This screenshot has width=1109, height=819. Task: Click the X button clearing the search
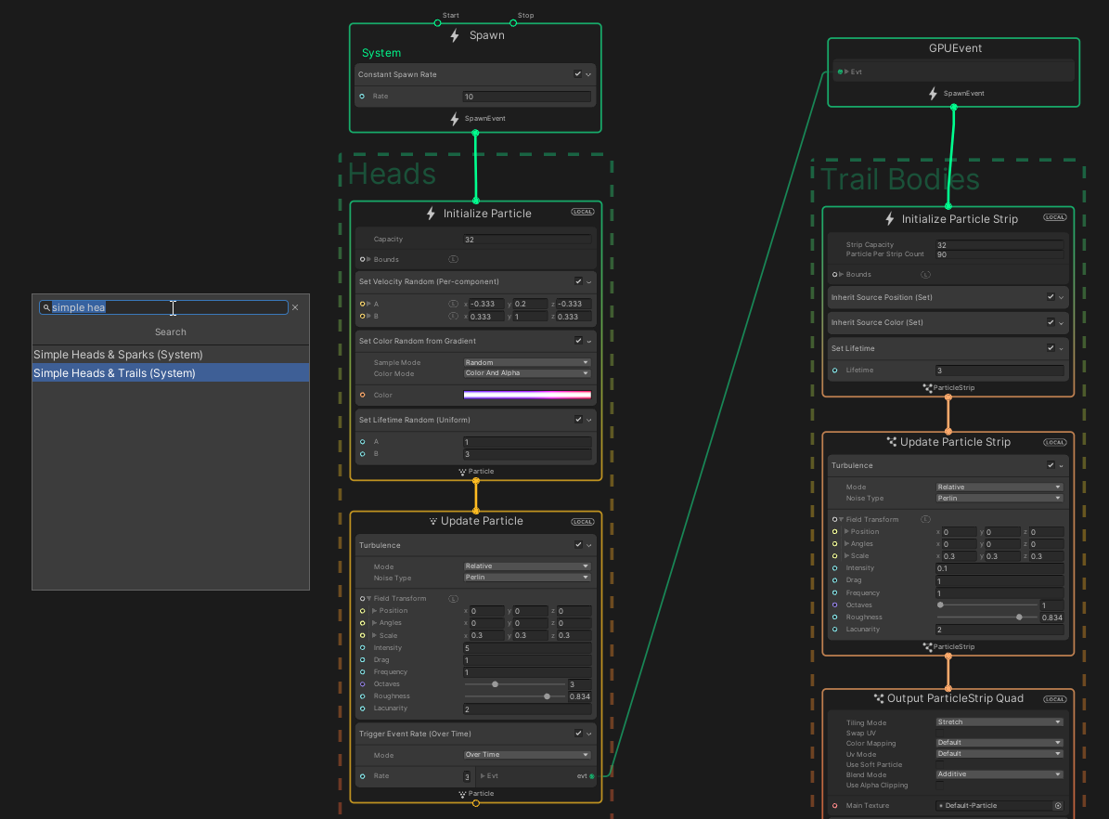point(295,307)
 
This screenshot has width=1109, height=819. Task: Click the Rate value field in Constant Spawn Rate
point(526,97)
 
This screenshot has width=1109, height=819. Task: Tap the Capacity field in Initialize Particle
point(526,240)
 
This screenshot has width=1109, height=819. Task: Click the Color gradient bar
point(526,395)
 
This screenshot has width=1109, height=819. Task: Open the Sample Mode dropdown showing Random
point(526,362)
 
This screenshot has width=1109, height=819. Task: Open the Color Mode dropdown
point(526,373)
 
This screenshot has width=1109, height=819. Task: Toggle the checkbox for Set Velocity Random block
point(578,281)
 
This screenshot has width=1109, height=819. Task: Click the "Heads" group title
point(392,174)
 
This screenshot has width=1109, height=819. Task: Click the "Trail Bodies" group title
point(900,178)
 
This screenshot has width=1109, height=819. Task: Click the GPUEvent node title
point(955,48)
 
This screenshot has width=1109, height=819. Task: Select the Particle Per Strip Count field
point(999,254)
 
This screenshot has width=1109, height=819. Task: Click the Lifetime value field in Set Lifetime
point(999,370)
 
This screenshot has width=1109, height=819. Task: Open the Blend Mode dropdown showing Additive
point(999,773)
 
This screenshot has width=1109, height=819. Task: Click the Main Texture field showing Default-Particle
point(993,806)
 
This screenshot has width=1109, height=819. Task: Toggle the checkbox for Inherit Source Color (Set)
point(1051,322)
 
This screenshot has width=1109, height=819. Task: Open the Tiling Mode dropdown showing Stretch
point(999,721)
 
